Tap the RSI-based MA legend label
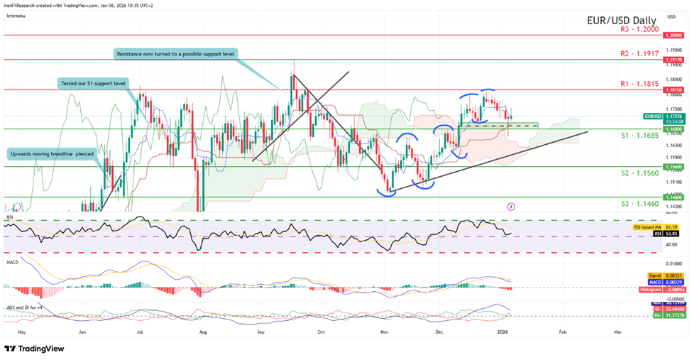click(x=646, y=224)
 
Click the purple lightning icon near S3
click(x=512, y=207)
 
